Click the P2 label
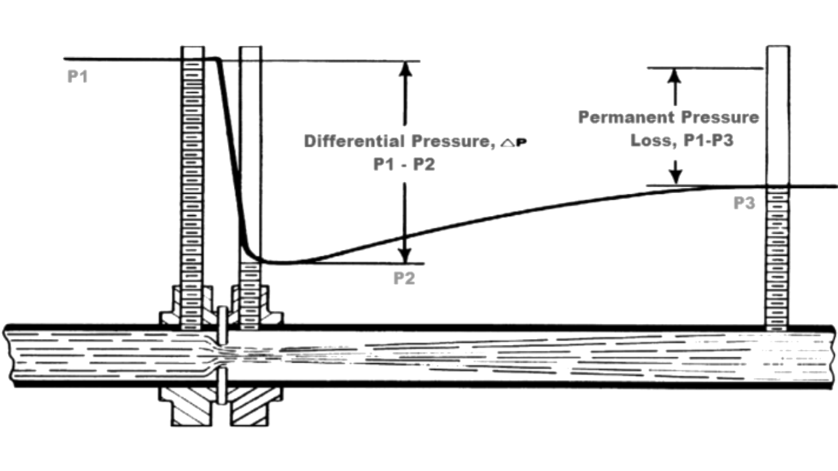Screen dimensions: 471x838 tap(404, 278)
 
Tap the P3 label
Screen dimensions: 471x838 tap(744, 203)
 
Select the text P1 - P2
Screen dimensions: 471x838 tap(404, 166)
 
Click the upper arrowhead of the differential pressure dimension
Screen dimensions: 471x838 tap(405, 68)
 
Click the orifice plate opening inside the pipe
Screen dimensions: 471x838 tap(223, 353)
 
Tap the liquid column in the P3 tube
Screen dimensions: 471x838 tap(778, 255)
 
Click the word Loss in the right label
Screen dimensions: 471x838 tap(648, 140)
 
